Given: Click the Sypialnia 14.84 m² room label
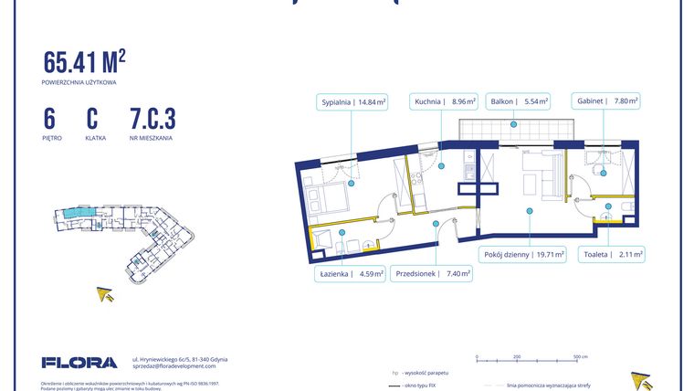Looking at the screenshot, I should (x=352, y=102).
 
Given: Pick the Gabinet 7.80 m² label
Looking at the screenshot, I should (x=606, y=102).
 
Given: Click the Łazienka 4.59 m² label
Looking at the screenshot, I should (x=351, y=272).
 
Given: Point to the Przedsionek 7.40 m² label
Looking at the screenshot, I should (x=432, y=272).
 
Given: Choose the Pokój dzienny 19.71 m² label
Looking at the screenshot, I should (x=523, y=255).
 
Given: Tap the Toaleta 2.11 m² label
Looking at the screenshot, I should (x=614, y=255).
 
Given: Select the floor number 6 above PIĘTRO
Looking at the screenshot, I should (x=49, y=119).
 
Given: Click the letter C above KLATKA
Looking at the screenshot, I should (x=92, y=119).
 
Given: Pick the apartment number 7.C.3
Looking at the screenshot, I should (x=152, y=119).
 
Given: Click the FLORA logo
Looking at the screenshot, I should (x=79, y=363).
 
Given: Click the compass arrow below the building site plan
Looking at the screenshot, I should (x=107, y=293).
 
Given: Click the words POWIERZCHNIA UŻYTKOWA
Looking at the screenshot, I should (x=79, y=82).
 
